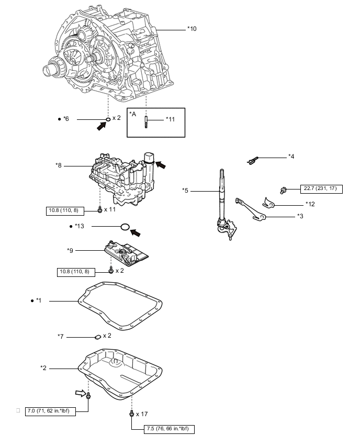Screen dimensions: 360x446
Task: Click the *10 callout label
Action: click(192, 29)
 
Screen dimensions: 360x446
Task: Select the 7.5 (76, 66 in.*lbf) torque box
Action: click(169, 429)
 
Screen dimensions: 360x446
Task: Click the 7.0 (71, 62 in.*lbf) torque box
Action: click(50, 411)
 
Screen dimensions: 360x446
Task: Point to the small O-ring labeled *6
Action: click(108, 119)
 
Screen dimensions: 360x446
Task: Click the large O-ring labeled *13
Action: click(125, 227)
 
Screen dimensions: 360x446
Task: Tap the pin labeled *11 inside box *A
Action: click(146, 122)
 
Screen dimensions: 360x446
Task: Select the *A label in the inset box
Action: click(133, 114)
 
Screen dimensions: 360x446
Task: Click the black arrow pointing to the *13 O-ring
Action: click(135, 232)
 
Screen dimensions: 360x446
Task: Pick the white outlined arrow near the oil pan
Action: click(81, 393)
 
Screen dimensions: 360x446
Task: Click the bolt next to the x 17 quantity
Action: click(132, 413)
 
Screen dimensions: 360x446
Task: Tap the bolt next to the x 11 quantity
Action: click(99, 210)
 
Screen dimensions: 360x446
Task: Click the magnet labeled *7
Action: click(98, 337)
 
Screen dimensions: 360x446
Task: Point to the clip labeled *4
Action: click(252, 160)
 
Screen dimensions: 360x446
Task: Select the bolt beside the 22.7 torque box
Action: click(283, 190)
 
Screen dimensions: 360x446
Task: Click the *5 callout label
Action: click(185, 191)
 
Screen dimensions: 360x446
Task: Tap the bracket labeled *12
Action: click(268, 203)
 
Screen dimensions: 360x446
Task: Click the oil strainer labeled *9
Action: click(126, 253)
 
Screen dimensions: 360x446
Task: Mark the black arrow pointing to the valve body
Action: click(161, 165)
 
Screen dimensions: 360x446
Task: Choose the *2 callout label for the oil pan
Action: click(43, 368)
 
